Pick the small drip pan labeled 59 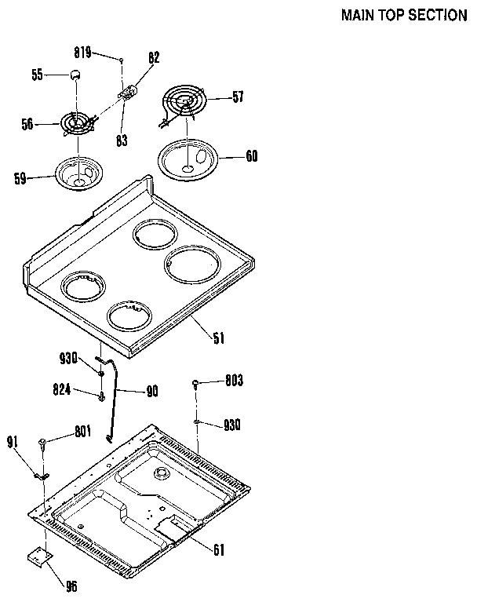tap(78, 173)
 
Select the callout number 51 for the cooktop tap(218, 338)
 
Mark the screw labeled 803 tap(195, 384)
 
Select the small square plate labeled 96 tap(37, 556)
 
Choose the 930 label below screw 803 tap(231, 425)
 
